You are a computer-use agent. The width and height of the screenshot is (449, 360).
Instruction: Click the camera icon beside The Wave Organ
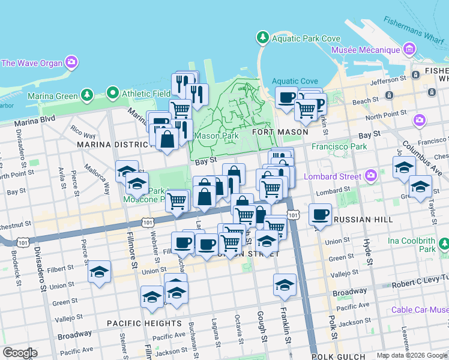tap(71, 62)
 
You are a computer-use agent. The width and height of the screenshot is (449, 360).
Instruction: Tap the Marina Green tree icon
tap(87, 95)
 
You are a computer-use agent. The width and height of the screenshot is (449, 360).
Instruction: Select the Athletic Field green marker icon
tap(112, 93)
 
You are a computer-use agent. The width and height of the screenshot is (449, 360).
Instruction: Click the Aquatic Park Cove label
tap(306, 38)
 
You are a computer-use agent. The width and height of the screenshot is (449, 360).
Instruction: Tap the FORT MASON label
tap(280, 131)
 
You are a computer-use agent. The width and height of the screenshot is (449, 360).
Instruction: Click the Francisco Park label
tap(339, 146)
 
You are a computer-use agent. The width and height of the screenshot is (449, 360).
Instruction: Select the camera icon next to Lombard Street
tap(370, 176)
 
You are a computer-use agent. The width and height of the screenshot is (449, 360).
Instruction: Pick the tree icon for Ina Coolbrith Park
tap(443, 244)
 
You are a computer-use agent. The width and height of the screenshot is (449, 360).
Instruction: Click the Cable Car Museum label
tap(420, 310)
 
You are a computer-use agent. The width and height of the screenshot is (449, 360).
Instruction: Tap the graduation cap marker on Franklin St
tap(285, 285)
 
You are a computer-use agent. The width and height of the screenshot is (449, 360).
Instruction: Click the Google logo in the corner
tap(20, 353)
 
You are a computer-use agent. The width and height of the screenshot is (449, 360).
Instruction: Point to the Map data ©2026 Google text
tap(412, 355)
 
